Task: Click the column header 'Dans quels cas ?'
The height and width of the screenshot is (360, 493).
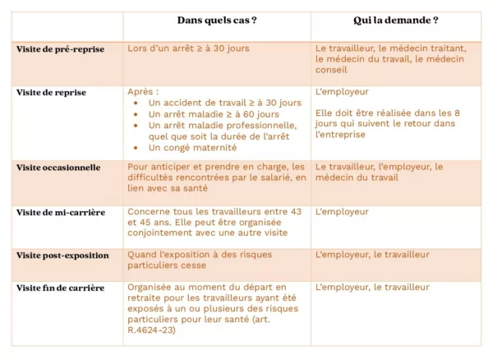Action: [x=216, y=20]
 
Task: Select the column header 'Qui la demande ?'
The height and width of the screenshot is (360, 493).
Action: [x=395, y=20]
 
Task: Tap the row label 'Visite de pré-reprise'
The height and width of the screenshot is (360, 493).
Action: [x=60, y=49]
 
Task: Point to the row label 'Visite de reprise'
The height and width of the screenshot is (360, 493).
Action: [x=51, y=93]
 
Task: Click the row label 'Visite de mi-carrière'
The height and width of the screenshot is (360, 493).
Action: [x=61, y=212]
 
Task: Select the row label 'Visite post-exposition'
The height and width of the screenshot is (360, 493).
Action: [x=62, y=255]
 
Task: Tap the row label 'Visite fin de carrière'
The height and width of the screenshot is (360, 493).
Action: [x=60, y=288]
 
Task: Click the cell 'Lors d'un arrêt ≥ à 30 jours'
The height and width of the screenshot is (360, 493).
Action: [x=188, y=48]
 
